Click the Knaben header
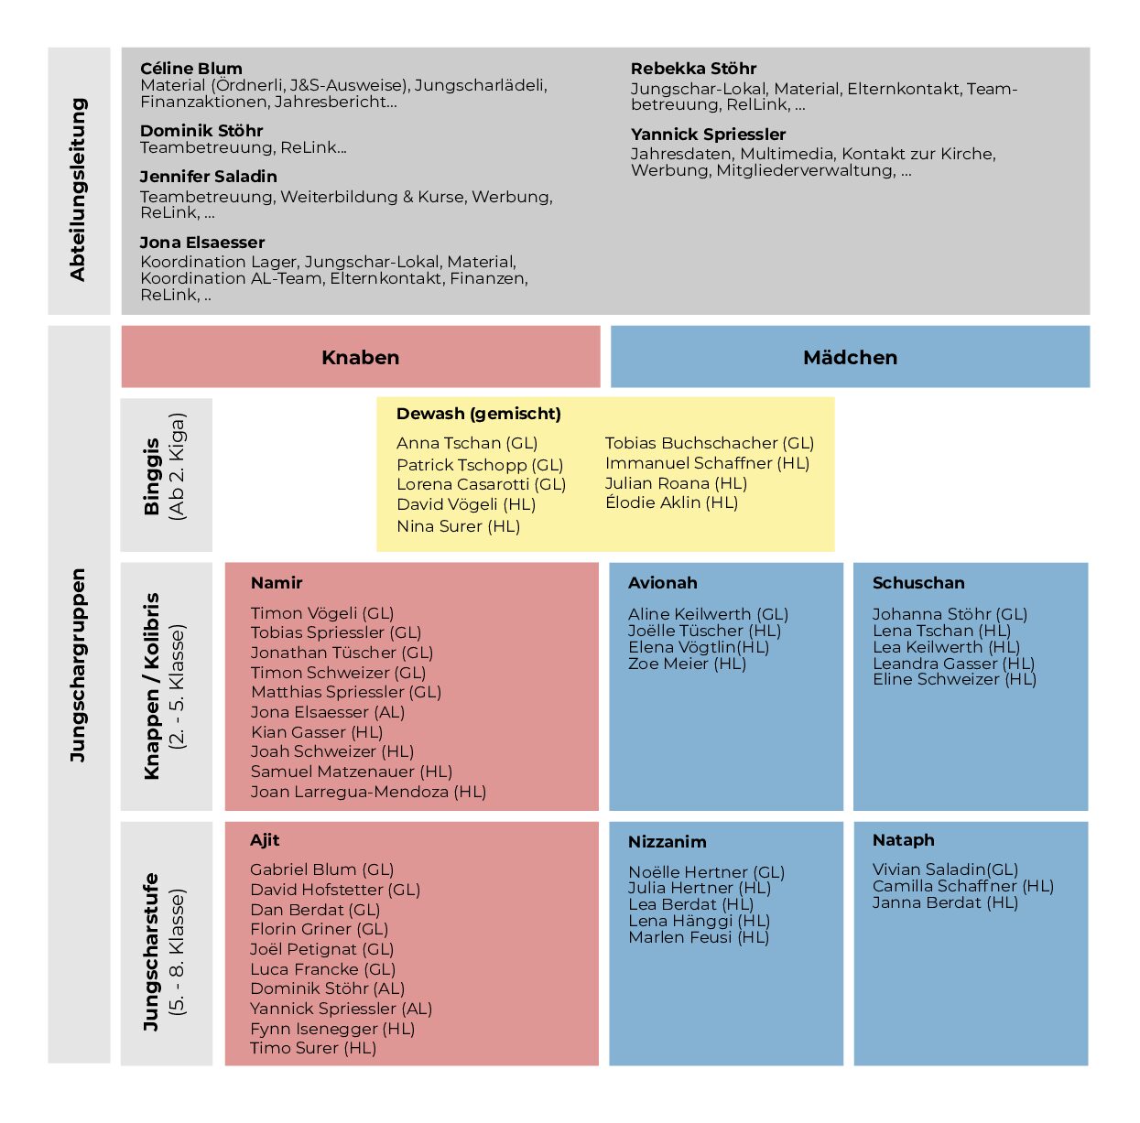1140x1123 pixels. pos(360,357)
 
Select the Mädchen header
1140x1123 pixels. pos(850,357)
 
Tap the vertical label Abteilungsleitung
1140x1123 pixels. pos(78,189)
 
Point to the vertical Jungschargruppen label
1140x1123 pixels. pos(78,664)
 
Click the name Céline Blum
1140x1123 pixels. pos(191,68)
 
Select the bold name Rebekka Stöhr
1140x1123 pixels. pos(693,68)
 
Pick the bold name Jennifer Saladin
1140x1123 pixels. pos(208,177)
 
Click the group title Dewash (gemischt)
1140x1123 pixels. pos(479,414)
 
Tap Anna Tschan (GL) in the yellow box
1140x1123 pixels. pos(467,443)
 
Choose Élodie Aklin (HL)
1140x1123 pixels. pos(671,502)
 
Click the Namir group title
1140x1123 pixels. pos(277,582)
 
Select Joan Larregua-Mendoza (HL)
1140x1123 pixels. pos(368,792)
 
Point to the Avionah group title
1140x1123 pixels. pos(663,582)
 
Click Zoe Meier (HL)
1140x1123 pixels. pos(687,664)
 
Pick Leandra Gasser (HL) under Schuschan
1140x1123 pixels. pos(953,664)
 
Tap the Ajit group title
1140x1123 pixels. pos(265,840)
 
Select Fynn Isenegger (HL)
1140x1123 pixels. pos(331,1029)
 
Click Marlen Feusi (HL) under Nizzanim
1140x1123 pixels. pos(699,937)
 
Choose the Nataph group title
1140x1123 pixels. pos(904,840)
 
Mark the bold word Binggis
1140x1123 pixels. pos(151,476)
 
